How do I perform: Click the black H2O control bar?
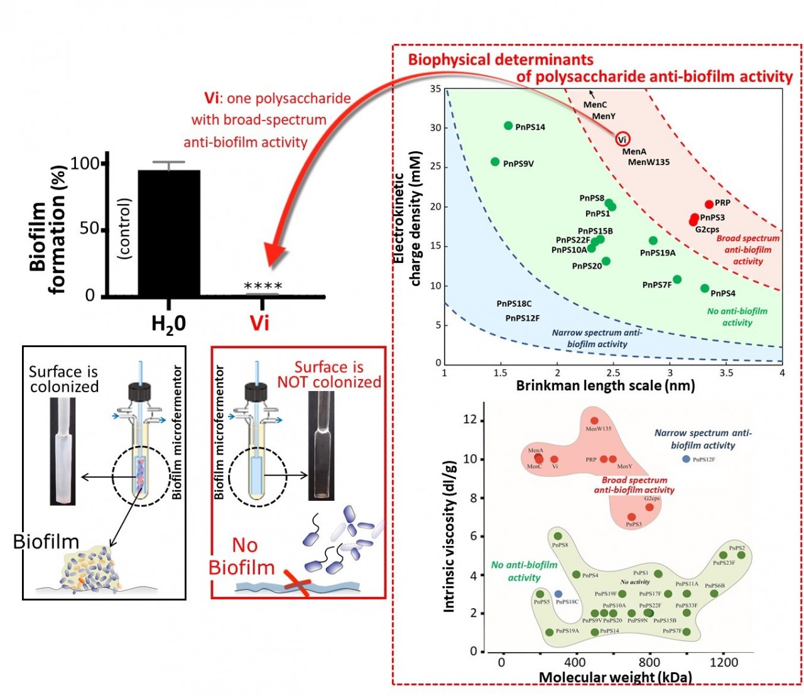[x=168, y=232]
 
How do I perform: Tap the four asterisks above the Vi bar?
[x=263, y=286]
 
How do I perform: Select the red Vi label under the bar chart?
[x=259, y=323]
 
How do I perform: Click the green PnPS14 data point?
[x=508, y=126]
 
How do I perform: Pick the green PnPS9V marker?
[x=495, y=162]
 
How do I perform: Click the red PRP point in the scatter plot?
[x=709, y=204]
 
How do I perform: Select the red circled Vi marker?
[x=622, y=139]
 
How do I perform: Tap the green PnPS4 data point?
[x=705, y=289]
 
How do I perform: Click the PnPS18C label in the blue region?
[x=514, y=304]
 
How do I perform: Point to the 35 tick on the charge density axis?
[x=435, y=89]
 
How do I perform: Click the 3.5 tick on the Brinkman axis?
[x=726, y=373]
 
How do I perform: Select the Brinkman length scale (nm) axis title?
[x=605, y=385]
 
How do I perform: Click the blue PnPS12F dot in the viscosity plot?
[x=686, y=459]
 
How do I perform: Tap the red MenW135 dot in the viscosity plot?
[x=595, y=420]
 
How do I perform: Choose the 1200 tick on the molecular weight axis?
[x=724, y=661]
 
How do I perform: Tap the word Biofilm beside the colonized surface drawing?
[x=46, y=542]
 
